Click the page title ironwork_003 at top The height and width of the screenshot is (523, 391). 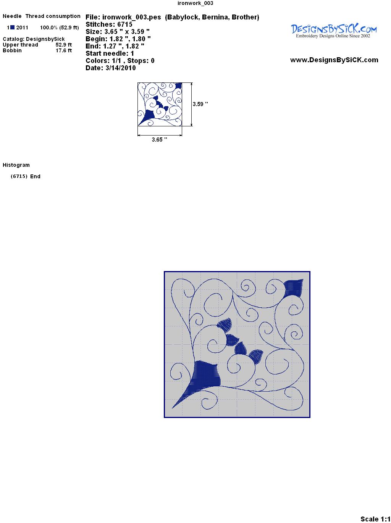tap(195, 3)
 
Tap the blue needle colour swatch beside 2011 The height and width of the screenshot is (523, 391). tap(12, 27)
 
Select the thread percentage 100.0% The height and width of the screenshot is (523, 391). tap(48, 27)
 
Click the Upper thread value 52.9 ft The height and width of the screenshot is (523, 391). tap(64, 45)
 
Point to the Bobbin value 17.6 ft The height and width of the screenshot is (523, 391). tap(64, 50)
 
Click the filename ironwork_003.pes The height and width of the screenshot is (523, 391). tap(131, 17)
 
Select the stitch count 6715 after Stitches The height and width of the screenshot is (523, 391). tap(124, 24)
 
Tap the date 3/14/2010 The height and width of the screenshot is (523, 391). tap(121, 68)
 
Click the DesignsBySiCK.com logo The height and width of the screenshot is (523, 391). tap(334, 31)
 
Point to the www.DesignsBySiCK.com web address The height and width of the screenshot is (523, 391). tap(334, 60)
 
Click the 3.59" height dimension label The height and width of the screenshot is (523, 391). tap(200, 104)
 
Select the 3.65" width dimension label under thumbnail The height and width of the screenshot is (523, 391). tap(159, 139)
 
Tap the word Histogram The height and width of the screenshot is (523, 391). tap(16, 165)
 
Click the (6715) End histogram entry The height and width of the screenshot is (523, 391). tap(26, 176)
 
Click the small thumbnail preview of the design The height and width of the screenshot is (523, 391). tap(160, 104)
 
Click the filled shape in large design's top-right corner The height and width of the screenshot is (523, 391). tap(293, 288)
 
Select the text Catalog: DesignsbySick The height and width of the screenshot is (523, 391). tap(34, 39)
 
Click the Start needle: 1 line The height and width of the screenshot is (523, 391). tap(110, 53)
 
